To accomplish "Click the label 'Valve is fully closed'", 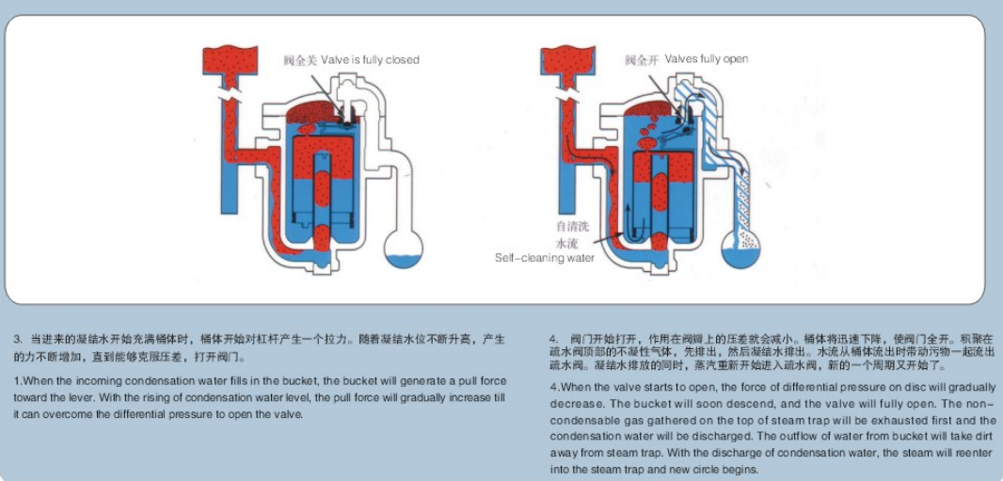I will tap(370, 60).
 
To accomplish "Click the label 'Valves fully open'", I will tap(706, 59).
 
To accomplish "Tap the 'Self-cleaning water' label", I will tap(545, 258).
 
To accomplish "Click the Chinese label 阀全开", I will tap(641, 60).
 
